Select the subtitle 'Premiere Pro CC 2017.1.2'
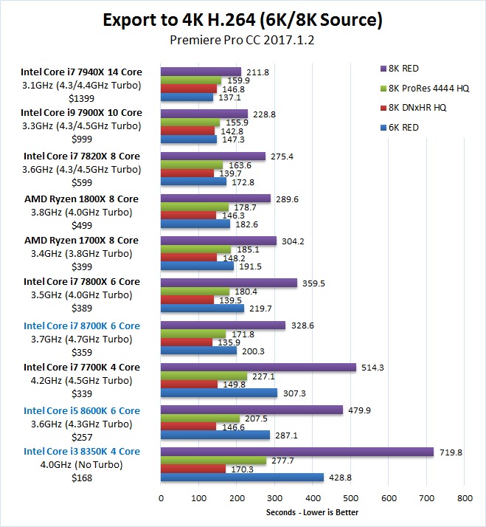tap(243, 41)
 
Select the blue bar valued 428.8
tap(242, 478)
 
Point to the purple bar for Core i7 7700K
tap(258, 367)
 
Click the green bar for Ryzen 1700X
tap(195, 249)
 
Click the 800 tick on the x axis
tap(464, 498)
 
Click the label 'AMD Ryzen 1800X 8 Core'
tap(81, 199)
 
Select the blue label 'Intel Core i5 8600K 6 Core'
tap(81, 410)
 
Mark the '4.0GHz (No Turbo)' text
tap(81, 466)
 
